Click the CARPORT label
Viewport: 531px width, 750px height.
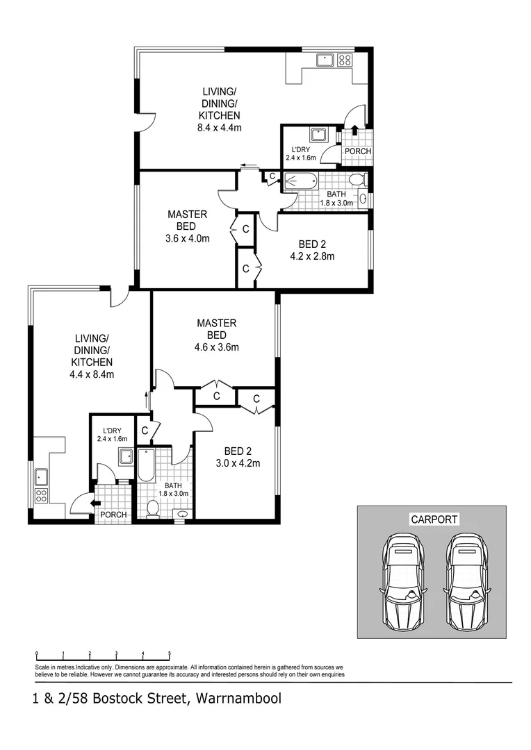(x=434, y=519)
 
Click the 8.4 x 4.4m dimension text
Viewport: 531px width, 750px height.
(x=220, y=128)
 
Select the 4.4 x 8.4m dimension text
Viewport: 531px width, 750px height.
(x=92, y=374)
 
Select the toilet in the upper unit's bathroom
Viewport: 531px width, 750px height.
(x=357, y=181)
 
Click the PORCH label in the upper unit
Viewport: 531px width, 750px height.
(x=358, y=151)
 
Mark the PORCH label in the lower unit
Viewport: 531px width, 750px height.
(x=113, y=515)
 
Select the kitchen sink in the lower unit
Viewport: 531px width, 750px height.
(x=41, y=476)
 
